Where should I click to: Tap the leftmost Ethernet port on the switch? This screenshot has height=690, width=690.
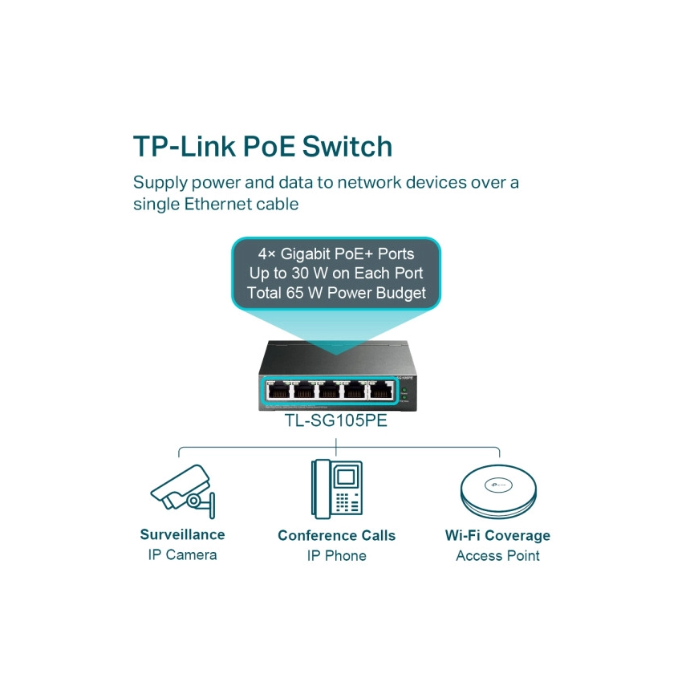tap(279, 392)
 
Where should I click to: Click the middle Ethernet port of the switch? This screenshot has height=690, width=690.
tap(329, 392)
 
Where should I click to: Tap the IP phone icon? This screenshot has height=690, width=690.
tap(337, 489)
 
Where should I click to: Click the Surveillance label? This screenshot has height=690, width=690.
tap(182, 534)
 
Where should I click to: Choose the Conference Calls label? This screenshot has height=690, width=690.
tap(336, 535)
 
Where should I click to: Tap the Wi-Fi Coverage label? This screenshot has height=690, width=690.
tap(497, 535)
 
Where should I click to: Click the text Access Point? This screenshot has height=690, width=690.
tap(497, 556)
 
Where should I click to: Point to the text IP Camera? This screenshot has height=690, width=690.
tap(182, 555)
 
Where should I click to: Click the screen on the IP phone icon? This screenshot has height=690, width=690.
tap(346, 477)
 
